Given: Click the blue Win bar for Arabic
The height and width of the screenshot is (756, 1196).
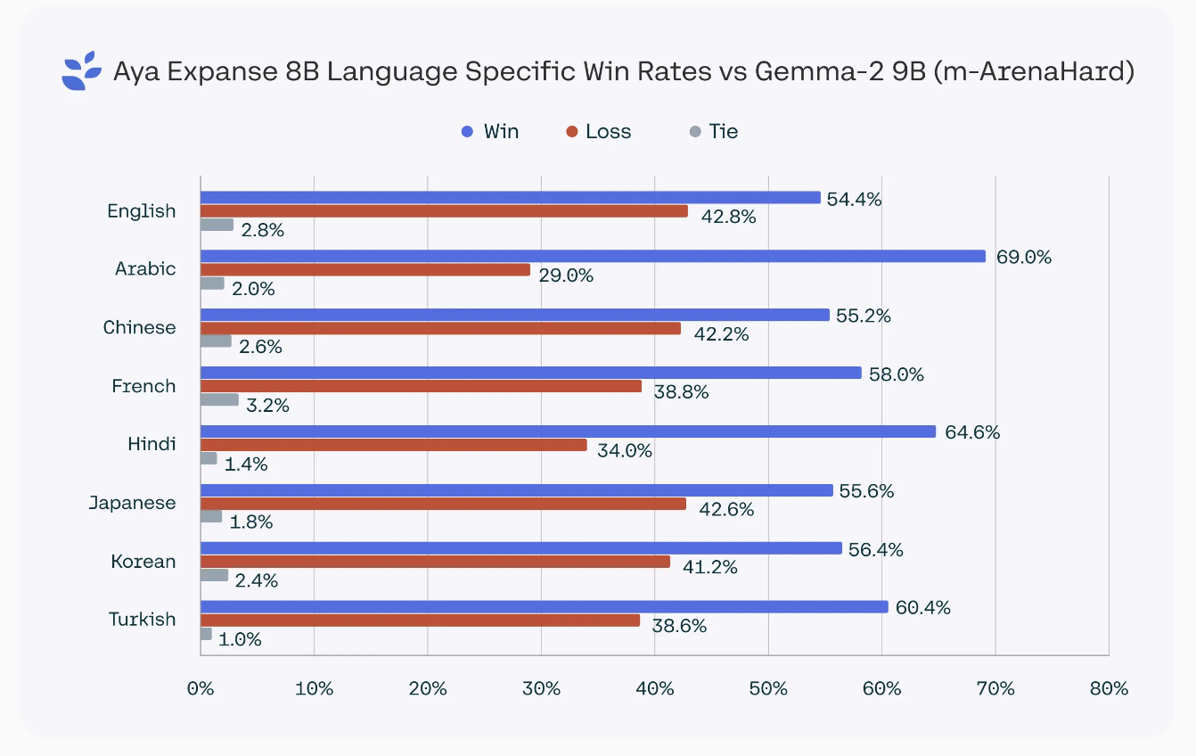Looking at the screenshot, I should (x=593, y=256).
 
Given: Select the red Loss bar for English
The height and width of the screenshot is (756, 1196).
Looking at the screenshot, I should (x=444, y=211).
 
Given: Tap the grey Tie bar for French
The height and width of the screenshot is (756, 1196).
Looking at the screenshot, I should (x=219, y=399).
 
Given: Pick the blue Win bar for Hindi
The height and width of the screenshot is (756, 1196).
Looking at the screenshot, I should (x=568, y=431).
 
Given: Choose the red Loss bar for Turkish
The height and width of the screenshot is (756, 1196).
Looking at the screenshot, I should (x=420, y=620).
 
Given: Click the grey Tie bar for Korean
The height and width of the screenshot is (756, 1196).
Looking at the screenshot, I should (x=214, y=575).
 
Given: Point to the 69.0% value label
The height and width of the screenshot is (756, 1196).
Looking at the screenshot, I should (x=1024, y=258).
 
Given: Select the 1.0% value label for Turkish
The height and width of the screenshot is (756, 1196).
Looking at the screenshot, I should (x=240, y=639).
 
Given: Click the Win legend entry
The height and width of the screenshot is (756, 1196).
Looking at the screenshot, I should (x=490, y=132).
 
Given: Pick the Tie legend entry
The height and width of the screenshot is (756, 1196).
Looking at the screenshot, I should (x=714, y=132).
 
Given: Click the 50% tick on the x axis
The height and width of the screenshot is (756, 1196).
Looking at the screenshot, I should (x=768, y=688).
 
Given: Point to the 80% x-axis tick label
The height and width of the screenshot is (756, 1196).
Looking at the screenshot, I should (x=1109, y=688).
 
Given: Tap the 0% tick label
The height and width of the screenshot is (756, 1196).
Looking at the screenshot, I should (x=201, y=688).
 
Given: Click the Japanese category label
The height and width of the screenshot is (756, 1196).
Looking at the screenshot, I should (x=132, y=503).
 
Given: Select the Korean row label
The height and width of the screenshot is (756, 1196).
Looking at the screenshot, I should (x=143, y=562).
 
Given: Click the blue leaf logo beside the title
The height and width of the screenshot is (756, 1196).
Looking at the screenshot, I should (x=81, y=71).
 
